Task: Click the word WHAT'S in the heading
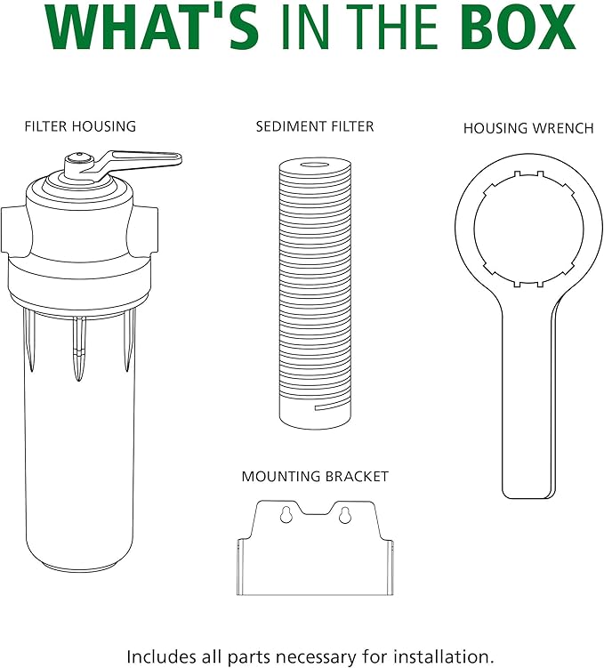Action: (x=151, y=27)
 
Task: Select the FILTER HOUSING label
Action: (x=80, y=126)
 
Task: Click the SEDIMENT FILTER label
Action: (x=315, y=126)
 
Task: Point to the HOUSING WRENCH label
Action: (x=528, y=128)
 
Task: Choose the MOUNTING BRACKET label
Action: (x=315, y=476)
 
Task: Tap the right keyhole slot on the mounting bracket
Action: (x=344, y=515)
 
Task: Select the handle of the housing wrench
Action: (x=528, y=396)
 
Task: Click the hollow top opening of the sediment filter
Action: (x=316, y=165)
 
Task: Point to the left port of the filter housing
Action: (x=12, y=230)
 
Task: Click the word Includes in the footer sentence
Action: (x=157, y=656)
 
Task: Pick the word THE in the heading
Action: (x=390, y=27)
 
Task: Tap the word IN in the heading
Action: (x=303, y=27)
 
